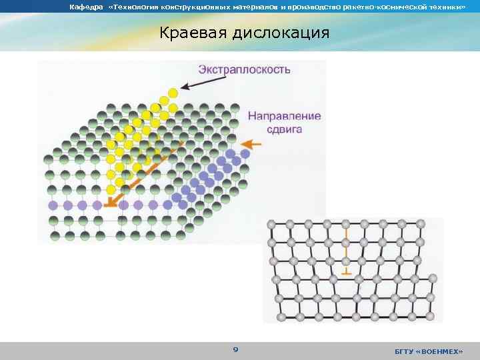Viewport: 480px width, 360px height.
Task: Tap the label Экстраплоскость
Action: [244, 69]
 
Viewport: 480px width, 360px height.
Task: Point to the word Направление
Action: [284, 115]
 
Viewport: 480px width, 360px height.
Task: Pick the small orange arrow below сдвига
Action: [250, 143]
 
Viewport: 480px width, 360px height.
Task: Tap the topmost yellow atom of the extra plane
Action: [173, 92]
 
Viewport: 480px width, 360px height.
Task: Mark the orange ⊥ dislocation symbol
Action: [345, 271]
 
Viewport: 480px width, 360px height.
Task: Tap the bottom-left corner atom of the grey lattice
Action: [281, 315]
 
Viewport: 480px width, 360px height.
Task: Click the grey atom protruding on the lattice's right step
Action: [433, 277]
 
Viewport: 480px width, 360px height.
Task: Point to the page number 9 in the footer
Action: [235, 349]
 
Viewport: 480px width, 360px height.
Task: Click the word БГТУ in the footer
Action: [404, 351]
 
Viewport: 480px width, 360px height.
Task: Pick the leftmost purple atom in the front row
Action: [53, 205]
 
